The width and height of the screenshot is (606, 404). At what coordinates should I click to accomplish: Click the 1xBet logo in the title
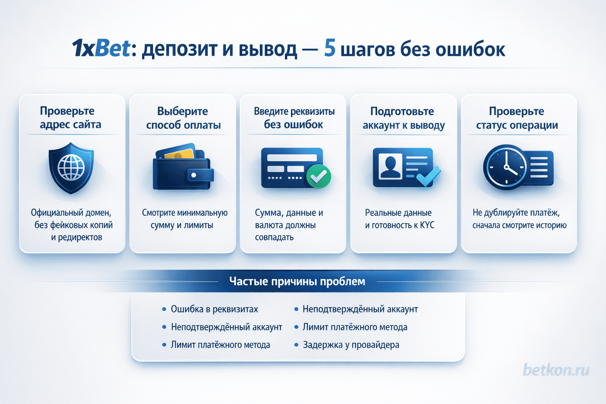[x=101, y=49]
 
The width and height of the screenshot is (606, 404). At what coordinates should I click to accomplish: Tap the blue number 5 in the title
[x=330, y=49]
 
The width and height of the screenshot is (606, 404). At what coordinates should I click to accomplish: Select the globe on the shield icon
[x=71, y=167]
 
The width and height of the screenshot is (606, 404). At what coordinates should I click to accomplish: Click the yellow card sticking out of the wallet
[x=180, y=153]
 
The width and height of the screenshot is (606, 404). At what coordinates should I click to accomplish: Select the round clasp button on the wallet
[x=194, y=175]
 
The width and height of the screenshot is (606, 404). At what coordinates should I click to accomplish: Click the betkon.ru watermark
[x=556, y=370]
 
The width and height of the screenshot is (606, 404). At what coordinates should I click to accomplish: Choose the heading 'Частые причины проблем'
[x=297, y=281]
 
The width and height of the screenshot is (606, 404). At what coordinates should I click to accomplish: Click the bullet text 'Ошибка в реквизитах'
[x=214, y=309]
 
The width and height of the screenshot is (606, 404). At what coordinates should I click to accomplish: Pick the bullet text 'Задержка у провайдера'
[x=351, y=345]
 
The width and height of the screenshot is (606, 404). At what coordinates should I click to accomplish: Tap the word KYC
[x=427, y=225]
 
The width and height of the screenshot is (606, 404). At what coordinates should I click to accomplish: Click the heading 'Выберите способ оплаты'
[x=183, y=118]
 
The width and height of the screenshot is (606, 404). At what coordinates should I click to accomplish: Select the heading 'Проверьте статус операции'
[x=517, y=118]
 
